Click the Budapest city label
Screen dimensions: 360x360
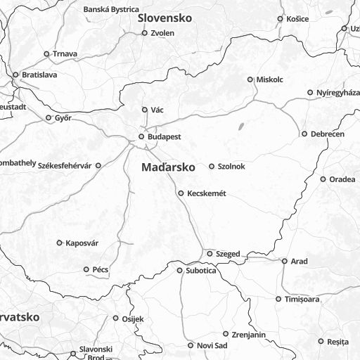(165, 136)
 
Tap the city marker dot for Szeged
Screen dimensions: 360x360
(209, 253)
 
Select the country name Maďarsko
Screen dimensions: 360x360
(168, 168)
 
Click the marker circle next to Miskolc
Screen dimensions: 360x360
(250, 79)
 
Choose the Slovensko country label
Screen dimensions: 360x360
(165, 18)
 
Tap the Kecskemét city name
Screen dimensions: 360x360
(206, 193)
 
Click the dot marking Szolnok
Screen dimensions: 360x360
(212, 167)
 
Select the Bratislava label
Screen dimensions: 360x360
(39, 75)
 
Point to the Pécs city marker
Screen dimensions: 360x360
(86, 269)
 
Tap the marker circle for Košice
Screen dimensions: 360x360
(281, 19)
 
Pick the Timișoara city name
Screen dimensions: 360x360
(302, 300)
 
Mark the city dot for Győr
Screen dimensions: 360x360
(49, 118)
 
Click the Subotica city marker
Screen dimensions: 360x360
(179, 270)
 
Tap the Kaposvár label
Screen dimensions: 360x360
(82, 243)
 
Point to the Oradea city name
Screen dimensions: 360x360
(342, 179)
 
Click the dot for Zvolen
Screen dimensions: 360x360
(145, 33)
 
